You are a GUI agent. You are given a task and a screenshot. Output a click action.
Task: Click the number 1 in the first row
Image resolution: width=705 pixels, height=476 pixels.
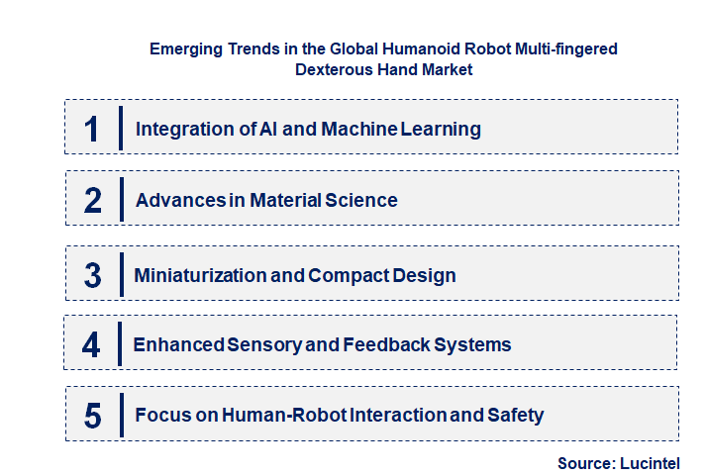92,129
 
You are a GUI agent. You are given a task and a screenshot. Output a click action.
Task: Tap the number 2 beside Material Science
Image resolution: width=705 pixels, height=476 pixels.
92,200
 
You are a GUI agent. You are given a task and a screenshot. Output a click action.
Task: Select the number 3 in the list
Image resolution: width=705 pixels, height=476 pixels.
92,275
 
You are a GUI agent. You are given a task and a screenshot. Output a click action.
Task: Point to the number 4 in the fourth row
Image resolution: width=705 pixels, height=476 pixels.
91,345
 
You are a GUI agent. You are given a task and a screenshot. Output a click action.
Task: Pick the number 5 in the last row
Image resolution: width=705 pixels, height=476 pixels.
92,416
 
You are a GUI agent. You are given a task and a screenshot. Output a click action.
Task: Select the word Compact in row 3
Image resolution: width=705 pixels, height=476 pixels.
352,275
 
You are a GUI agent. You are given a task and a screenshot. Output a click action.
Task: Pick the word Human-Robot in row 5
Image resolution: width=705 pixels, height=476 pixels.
284,416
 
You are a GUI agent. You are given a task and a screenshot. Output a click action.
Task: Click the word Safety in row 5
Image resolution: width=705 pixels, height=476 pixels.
515,416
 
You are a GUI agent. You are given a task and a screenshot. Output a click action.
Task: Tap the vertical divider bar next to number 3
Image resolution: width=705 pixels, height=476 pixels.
120,272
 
